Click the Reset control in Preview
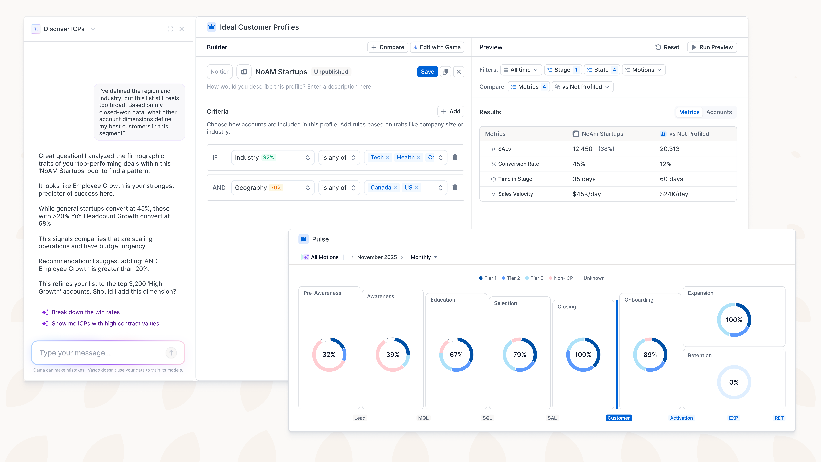click(667, 47)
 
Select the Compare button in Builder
click(388, 47)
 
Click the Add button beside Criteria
click(451, 111)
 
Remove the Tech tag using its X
click(388, 158)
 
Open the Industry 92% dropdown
click(272, 158)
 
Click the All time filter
click(521, 70)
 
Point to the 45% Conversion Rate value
click(579, 164)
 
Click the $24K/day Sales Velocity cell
click(674, 194)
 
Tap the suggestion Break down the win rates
click(85, 312)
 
